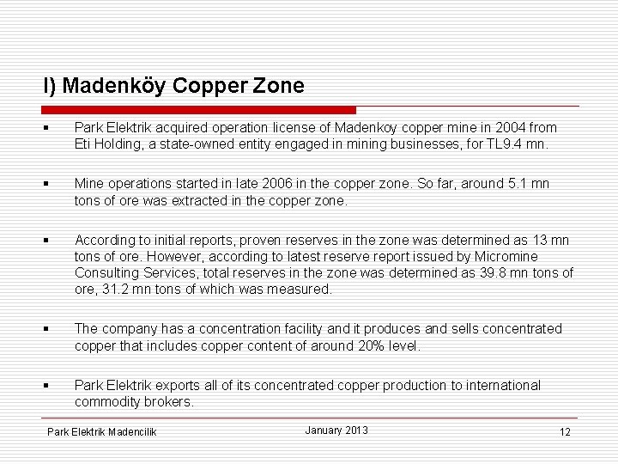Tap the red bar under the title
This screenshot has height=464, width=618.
point(198,110)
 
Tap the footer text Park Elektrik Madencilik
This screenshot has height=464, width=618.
point(102,431)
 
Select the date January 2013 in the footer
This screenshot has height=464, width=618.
point(336,430)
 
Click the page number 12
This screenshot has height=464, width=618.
point(565,431)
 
